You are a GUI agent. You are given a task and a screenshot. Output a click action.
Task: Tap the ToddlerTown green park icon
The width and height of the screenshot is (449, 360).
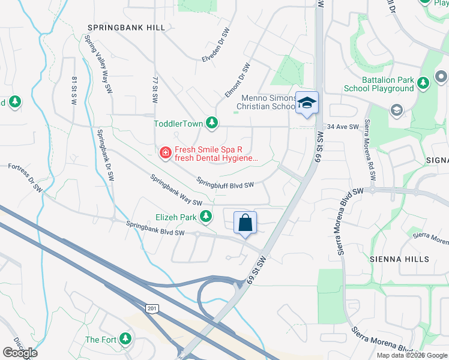(x=211, y=123)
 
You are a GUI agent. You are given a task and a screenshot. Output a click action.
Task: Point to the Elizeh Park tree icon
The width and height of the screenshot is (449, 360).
(x=206, y=215)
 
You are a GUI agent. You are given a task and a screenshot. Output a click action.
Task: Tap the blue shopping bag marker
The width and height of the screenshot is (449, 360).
(x=245, y=223)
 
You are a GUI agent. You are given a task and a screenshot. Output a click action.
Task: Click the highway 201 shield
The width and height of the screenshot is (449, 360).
(x=151, y=308)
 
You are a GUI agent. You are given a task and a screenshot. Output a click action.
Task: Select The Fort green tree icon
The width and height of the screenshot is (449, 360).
(x=125, y=339)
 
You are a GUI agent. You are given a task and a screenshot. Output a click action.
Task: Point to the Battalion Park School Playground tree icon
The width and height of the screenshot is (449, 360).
(x=423, y=82)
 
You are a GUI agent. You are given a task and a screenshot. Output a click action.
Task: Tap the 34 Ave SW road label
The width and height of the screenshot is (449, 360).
(x=343, y=127)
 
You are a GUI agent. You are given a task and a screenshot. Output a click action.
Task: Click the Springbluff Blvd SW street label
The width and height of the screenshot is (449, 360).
(x=226, y=183)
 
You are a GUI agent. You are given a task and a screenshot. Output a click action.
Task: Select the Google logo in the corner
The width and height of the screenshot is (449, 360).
(x=20, y=352)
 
